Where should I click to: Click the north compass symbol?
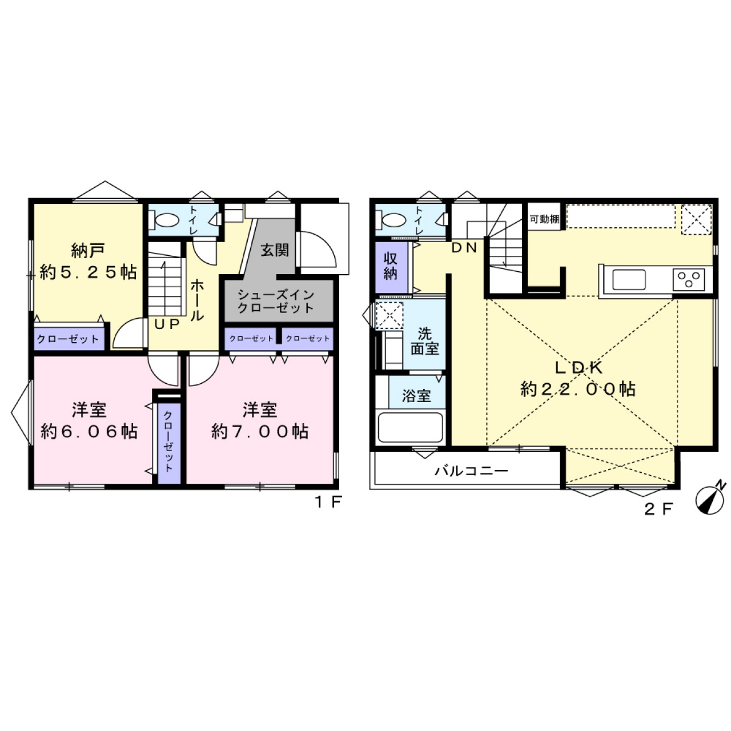(x=710, y=499)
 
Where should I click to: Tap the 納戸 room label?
(x=87, y=251)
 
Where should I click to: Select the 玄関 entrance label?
(x=275, y=250)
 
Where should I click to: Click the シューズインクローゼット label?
(x=276, y=301)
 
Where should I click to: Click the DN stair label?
(x=464, y=248)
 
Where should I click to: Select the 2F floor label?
(x=658, y=509)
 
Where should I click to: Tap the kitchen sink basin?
(x=629, y=280)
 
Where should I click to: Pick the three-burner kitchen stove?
(x=689, y=279)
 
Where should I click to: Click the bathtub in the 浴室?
(x=411, y=427)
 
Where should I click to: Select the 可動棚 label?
(x=545, y=219)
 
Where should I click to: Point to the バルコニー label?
(x=471, y=471)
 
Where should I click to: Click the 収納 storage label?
(x=391, y=266)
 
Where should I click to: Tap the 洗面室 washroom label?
(x=425, y=342)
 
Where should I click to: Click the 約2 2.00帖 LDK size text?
(x=578, y=389)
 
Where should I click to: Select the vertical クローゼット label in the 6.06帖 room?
(x=168, y=441)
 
